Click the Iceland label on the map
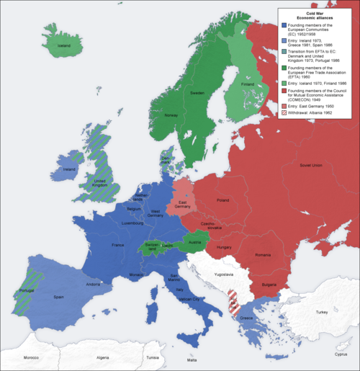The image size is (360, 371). [x=64, y=45]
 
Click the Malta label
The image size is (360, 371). [x=192, y=359]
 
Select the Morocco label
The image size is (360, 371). [x=30, y=358]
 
